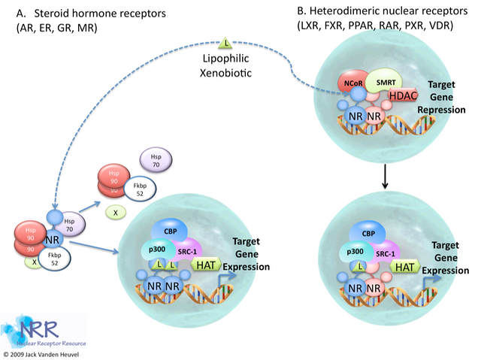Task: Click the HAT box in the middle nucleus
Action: coord(206,264)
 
